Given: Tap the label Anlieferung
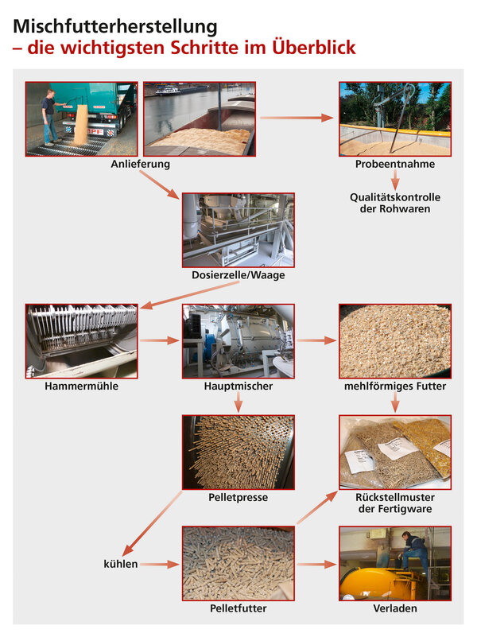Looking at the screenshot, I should coord(140,165).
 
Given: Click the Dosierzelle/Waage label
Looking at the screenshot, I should coord(238,275).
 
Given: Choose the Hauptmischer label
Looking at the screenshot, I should coord(238,386).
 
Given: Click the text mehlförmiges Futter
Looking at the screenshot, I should coord(395,386).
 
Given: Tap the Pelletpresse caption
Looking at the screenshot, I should coord(238,497).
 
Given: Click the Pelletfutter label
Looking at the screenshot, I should coord(238,608).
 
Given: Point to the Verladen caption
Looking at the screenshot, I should coord(395,608).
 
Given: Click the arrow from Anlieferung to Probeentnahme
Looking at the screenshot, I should coord(297,118).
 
